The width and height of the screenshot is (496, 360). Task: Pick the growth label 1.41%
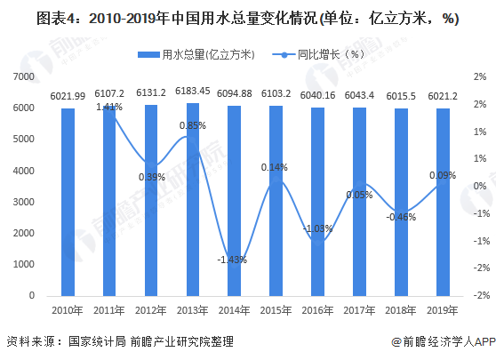click(x=109, y=107)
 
